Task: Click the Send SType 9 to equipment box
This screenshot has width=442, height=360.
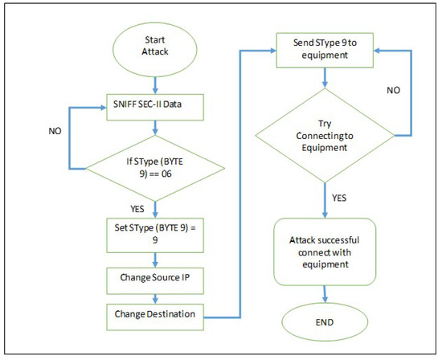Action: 323,50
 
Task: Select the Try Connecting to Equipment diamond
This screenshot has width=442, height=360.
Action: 323,132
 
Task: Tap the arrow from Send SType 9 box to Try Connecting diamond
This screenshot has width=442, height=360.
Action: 323,77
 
